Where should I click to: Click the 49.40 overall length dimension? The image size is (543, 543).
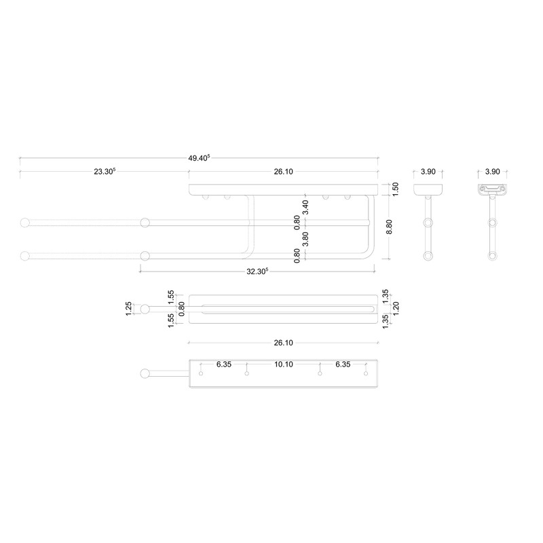(x=199, y=158)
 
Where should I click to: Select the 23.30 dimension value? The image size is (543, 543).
(x=105, y=172)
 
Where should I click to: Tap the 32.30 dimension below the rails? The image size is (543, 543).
(x=257, y=271)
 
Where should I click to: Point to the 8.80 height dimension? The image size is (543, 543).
(x=389, y=227)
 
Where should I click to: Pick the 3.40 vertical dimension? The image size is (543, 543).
(x=305, y=207)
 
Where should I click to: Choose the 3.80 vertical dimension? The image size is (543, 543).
(x=305, y=239)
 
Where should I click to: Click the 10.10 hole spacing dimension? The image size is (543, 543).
(x=283, y=364)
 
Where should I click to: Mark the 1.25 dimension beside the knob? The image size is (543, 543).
(x=128, y=309)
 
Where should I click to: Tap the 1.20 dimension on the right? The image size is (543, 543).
(x=396, y=309)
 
